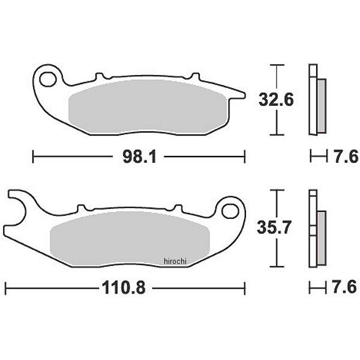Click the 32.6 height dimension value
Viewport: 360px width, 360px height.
pos(276,100)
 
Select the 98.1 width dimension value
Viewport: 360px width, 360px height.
pos(139,157)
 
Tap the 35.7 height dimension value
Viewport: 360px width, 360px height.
pos(274,227)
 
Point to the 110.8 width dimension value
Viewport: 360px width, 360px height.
pos(124,287)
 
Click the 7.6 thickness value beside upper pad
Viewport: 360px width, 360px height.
pos(346,157)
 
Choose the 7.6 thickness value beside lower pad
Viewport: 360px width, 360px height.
pos(344,287)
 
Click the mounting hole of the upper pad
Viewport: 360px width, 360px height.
pos(48,79)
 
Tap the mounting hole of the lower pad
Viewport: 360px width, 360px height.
pos(230,211)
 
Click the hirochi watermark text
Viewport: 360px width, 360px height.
pos(175,261)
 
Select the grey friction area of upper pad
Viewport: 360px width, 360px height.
pos(148,107)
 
